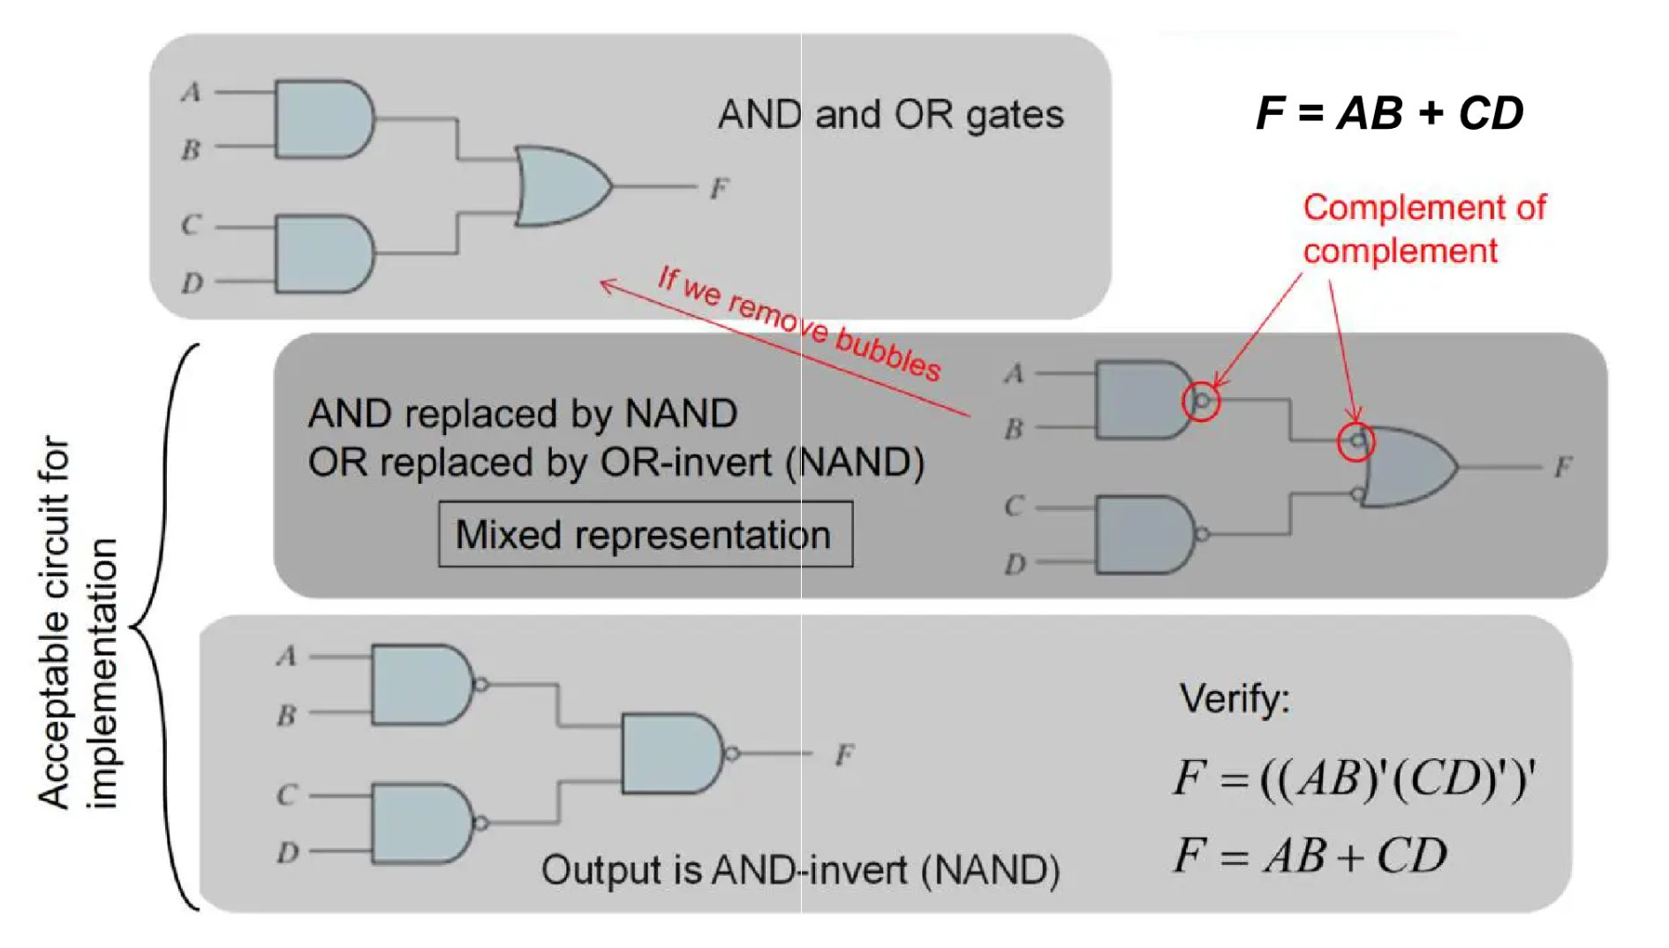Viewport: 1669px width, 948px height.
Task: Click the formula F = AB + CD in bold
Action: click(1389, 113)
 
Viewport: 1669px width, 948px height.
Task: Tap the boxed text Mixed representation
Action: click(645, 535)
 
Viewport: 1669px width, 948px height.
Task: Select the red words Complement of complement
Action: click(1423, 229)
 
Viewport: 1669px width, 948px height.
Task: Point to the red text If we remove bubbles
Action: click(799, 323)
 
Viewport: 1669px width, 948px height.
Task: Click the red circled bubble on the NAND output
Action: click(1201, 402)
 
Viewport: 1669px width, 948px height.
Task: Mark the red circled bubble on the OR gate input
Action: click(1356, 441)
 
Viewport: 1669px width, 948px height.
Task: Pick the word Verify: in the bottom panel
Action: click(1234, 699)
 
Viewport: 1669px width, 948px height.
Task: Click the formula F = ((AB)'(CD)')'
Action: click(1354, 779)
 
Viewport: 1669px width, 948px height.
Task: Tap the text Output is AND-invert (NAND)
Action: click(800, 870)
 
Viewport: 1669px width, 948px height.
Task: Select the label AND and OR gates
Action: click(890, 115)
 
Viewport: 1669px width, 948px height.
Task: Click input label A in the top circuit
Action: click(192, 92)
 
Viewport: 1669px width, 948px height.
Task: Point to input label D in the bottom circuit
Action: click(288, 853)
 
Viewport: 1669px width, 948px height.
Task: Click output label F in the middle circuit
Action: click(1562, 466)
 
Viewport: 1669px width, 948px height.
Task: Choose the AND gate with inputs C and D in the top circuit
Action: click(323, 253)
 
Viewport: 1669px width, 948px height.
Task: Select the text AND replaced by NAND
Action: click(523, 413)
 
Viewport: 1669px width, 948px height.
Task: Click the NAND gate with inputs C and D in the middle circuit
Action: click(1144, 535)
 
